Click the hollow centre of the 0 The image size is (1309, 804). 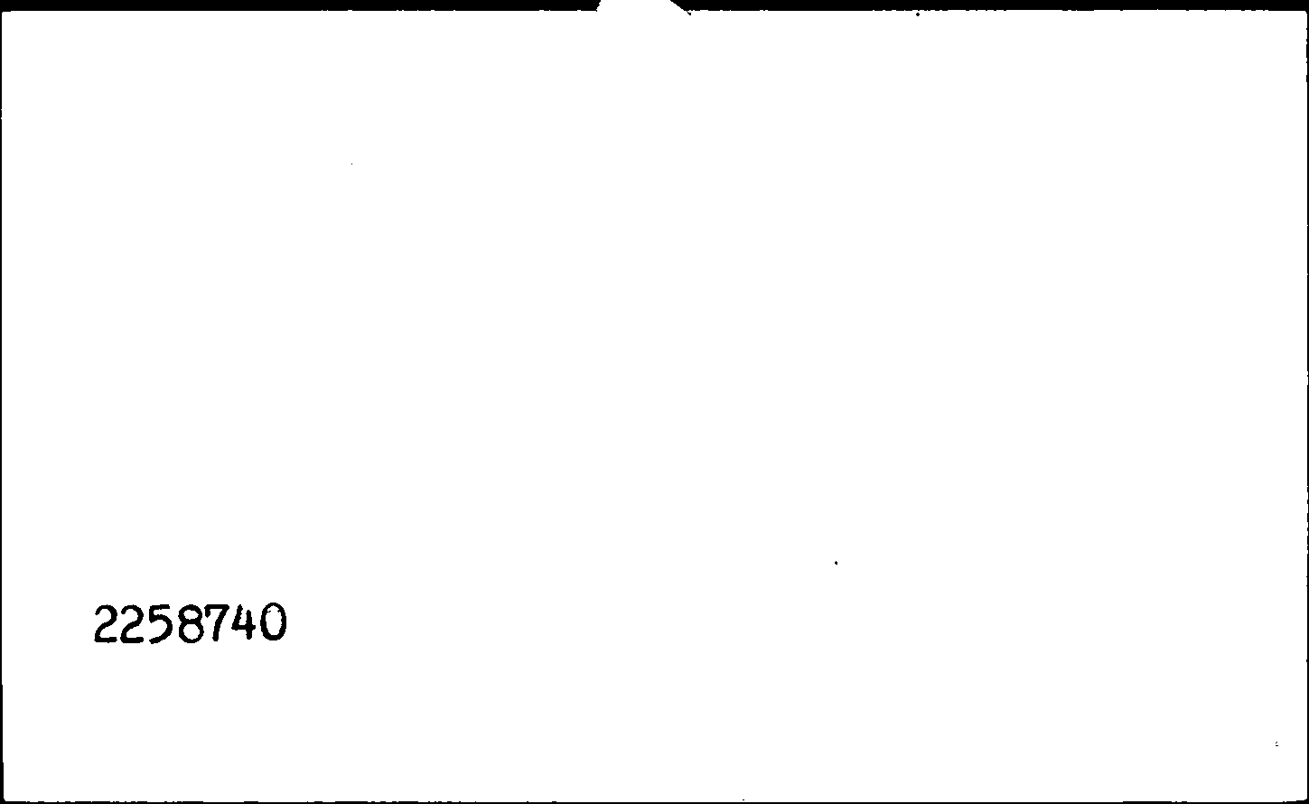point(274,622)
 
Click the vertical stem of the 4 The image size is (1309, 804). point(250,622)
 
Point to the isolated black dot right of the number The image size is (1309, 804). point(837,563)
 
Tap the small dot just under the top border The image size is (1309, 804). point(918,14)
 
